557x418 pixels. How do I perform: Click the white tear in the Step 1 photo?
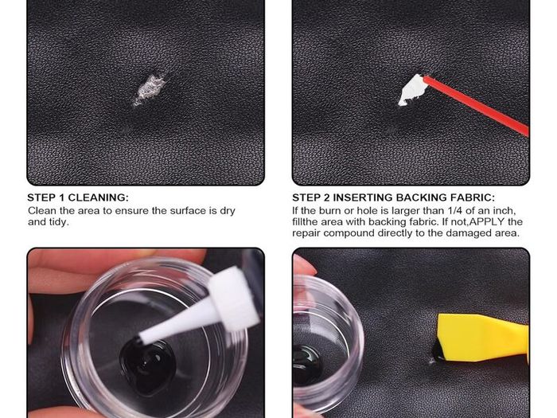pos(149,89)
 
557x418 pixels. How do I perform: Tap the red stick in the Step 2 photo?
pos(476,105)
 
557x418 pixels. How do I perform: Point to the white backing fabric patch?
pos(411,89)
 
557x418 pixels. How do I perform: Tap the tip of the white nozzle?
pos(141,338)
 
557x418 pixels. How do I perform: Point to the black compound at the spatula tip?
pos(438,351)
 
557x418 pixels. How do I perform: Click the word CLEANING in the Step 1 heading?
pos(99,197)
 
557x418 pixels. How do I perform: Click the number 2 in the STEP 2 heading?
pos(327,197)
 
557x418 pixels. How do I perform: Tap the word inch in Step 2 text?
pos(504,210)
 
